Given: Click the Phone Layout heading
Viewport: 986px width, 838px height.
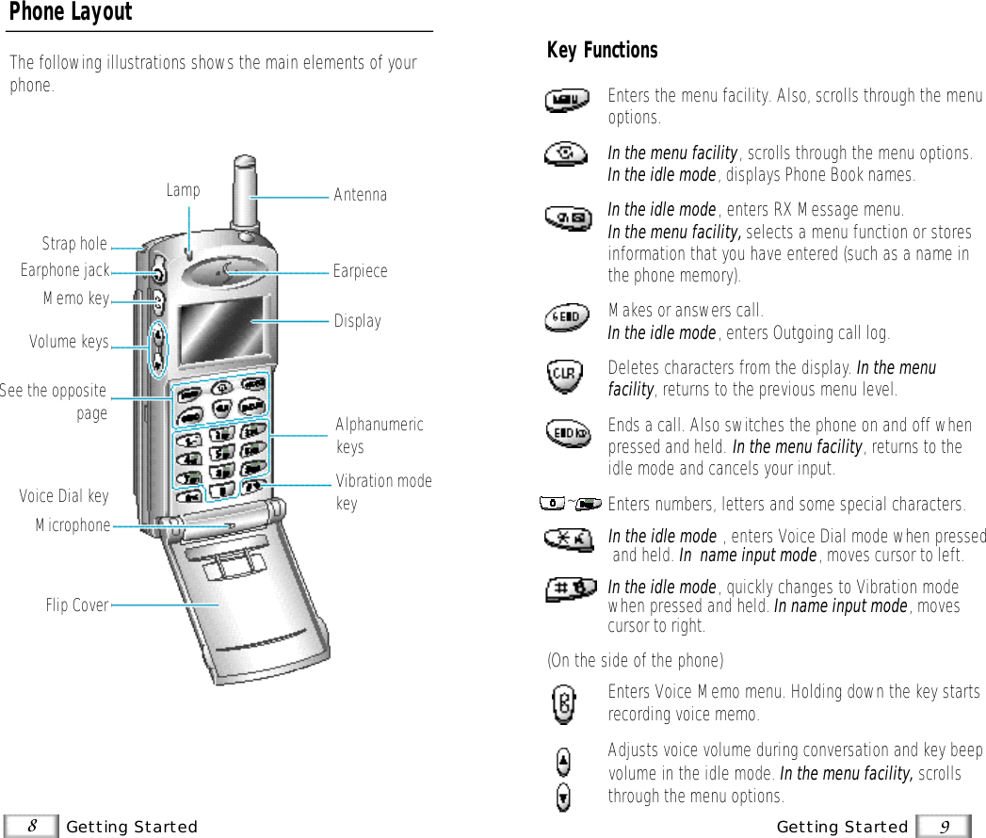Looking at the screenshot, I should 71,13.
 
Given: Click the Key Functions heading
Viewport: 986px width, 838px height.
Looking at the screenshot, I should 602,50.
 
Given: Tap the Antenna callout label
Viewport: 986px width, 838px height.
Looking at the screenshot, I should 360,195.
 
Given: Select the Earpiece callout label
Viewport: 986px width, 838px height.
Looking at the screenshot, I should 360,271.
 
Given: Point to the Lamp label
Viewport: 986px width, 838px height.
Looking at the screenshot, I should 183,190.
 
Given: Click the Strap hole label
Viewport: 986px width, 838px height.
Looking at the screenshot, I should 74,244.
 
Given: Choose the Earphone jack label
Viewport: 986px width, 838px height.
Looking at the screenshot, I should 65,271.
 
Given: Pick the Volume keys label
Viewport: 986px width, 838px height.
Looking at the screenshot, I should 69,342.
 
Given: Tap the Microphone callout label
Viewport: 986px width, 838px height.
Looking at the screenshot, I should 73,525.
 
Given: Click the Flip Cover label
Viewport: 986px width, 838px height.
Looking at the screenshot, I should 77,605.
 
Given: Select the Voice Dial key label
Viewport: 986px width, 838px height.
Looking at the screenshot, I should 64,496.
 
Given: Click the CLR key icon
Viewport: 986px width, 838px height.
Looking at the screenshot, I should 563,377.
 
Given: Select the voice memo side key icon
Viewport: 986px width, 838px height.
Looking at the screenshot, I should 563,703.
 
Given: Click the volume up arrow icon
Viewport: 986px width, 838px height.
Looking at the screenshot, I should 563,761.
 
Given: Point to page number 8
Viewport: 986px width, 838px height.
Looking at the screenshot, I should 32,826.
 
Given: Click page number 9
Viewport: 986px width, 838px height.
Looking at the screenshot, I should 945,826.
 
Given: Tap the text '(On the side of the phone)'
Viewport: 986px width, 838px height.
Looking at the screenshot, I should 636,660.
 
